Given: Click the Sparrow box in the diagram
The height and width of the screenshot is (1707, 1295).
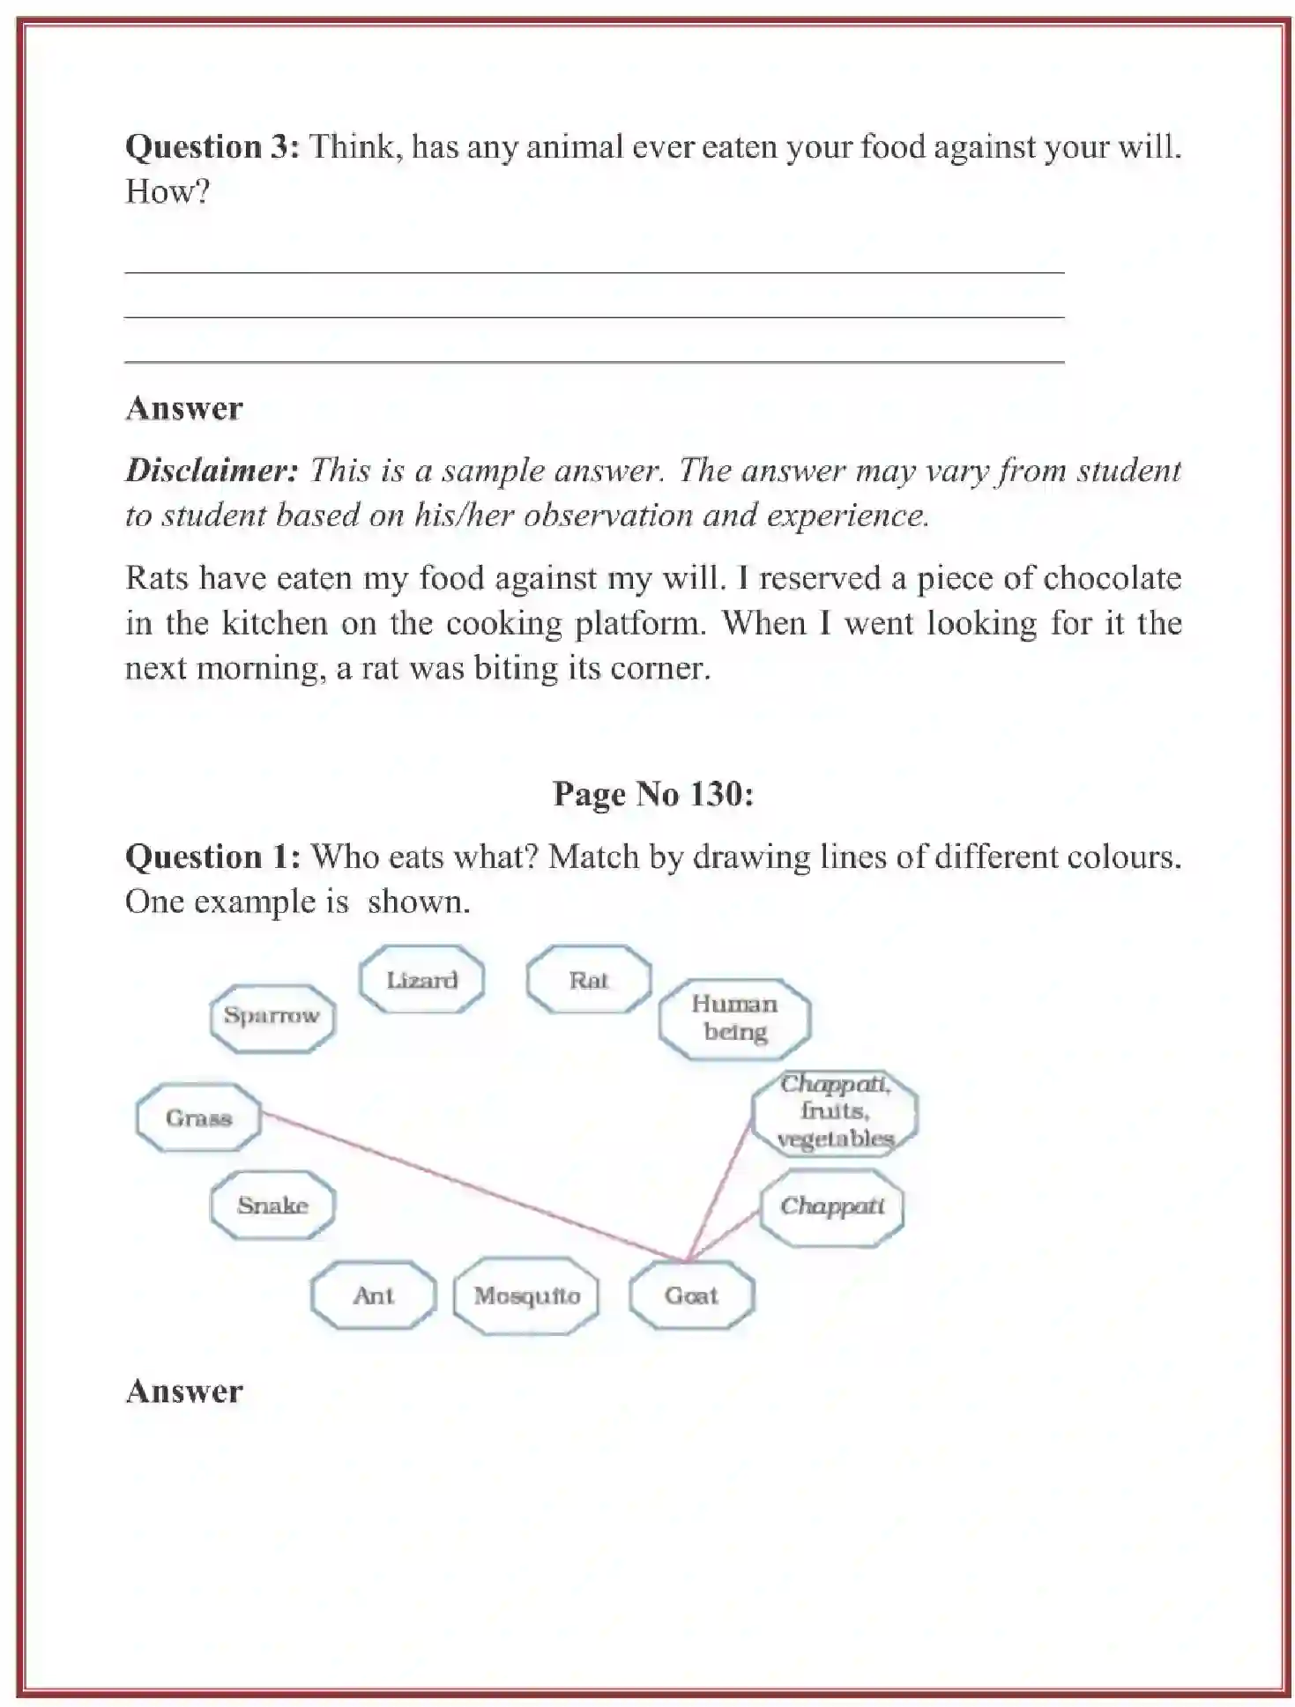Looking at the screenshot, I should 272,1016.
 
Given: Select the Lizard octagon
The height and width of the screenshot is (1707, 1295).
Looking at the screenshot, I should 421,979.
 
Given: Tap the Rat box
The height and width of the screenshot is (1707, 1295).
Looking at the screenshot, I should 588,979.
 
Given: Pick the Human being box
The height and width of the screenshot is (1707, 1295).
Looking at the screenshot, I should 734,1018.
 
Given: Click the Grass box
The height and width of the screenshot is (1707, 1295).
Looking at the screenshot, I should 198,1117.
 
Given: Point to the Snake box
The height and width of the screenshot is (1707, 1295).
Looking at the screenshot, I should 272,1205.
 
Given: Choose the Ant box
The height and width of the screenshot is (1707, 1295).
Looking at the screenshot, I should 373,1295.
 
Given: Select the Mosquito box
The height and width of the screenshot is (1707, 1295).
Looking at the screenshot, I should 526,1295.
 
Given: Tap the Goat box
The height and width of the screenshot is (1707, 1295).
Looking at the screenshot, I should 691,1295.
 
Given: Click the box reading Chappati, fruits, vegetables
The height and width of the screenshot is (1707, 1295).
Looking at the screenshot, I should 834,1111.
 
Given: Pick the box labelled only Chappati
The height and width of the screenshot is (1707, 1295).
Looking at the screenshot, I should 831,1206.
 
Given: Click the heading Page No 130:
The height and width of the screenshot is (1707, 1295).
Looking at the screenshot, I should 652,794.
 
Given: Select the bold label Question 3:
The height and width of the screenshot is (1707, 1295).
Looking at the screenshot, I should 212,146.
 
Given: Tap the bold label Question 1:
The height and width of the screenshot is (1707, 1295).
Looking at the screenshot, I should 212,857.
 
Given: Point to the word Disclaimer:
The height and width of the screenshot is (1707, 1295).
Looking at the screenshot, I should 212,470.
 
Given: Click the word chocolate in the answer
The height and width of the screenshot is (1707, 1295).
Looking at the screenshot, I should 1111,578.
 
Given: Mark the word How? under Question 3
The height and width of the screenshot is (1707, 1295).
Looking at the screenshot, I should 167,191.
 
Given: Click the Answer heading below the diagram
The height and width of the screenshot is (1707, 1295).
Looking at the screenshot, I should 184,1391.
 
